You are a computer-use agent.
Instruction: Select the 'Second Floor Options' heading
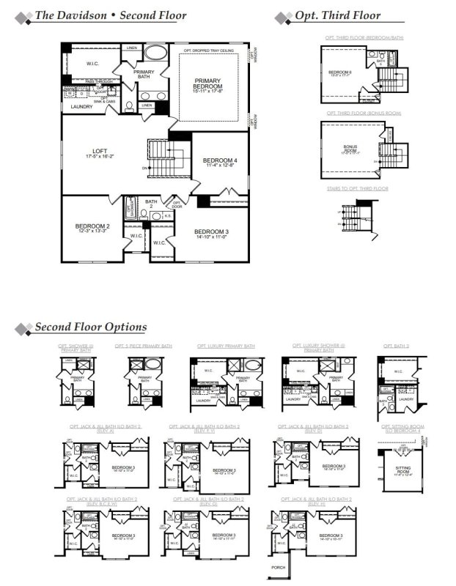point(90,327)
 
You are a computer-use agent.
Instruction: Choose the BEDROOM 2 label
point(92,229)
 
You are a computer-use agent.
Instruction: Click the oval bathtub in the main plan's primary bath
point(155,53)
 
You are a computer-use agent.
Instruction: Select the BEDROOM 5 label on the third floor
point(340,73)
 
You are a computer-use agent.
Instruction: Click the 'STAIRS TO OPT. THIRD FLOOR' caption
point(358,189)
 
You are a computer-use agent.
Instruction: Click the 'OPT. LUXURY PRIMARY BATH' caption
point(226,345)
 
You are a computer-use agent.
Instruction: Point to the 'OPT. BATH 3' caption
point(397,345)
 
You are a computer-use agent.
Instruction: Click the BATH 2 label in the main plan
point(151,204)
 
